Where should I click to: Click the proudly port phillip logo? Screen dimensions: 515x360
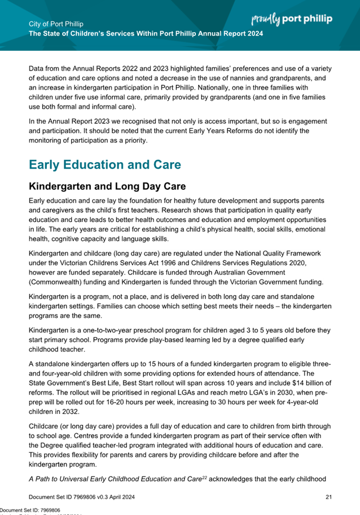pyautogui.click(x=291, y=19)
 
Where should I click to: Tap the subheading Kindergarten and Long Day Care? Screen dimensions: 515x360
pyautogui.click(x=107, y=186)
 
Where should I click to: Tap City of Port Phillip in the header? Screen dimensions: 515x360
pyautogui.click(x=55, y=25)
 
